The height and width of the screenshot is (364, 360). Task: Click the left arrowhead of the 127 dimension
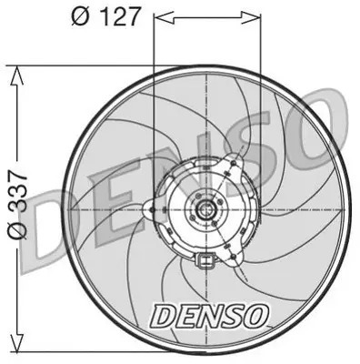160,15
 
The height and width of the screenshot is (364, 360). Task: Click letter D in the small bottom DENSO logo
162,317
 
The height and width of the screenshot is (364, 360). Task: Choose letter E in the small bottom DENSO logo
185,317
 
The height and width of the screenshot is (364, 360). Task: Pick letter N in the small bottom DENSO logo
208,317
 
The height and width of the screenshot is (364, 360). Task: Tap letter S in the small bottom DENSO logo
231,317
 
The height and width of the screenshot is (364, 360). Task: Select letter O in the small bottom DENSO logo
255,317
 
